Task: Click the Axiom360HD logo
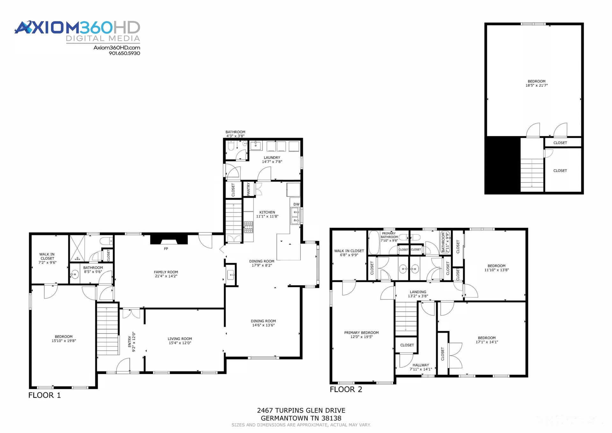[77, 32]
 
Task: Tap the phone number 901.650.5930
[124, 53]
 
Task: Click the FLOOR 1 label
[45, 395]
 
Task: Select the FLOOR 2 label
[346, 389]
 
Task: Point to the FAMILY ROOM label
[166, 272]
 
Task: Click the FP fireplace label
[166, 249]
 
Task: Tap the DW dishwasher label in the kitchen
[296, 204]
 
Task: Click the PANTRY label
[249, 189]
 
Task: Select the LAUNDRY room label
[272, 158]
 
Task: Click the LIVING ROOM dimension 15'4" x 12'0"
[180, 343]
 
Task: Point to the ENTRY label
[130, 341]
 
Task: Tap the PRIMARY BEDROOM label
[361, 332]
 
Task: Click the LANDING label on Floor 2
[418, 292]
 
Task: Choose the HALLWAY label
[421, 365]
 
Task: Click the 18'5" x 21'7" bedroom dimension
[536, 85]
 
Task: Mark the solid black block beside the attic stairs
[503, 165]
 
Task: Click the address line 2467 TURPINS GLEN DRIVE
[301, 410]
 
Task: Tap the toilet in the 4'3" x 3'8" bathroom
[231, 146]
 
